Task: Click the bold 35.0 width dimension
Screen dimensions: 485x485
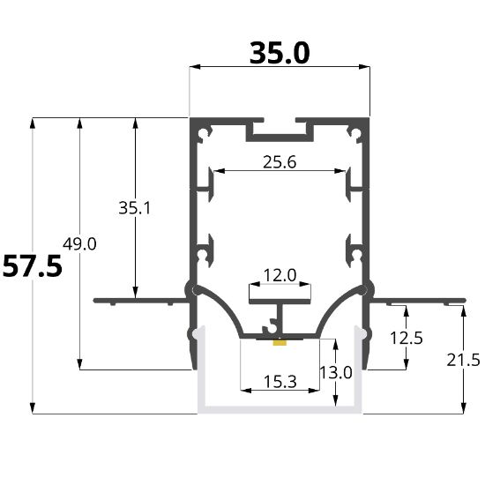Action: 280,53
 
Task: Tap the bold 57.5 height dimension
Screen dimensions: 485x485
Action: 32,265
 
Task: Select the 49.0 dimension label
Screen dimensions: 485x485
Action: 79,243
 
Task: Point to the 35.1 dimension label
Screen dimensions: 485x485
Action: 135,208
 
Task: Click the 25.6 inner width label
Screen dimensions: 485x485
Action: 280,162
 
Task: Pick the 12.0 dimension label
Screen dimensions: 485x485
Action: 280,275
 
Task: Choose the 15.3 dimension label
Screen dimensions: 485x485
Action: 280,382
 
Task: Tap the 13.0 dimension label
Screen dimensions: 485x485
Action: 336,372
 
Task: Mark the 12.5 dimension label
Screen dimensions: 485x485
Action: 407,338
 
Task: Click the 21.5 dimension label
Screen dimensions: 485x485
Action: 463,360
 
